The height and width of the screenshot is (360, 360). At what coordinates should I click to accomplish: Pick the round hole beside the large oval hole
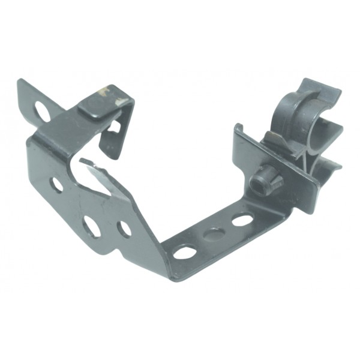[x=124, y=228]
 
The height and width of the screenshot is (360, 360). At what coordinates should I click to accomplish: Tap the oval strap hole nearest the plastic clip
[x=242, y=220]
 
